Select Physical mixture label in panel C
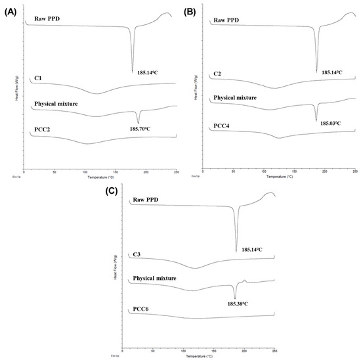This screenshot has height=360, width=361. pos(155,279)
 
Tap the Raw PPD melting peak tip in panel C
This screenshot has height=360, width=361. pos(236,251)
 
